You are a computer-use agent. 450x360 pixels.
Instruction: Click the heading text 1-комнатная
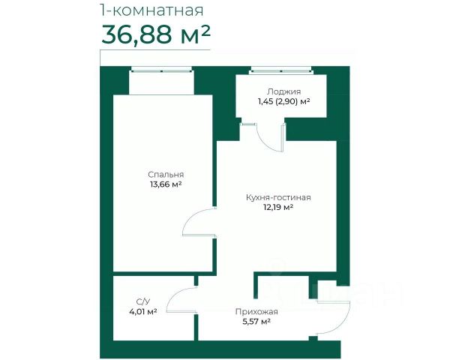pos(151,10)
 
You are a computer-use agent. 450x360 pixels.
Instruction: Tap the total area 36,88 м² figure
pos(156,34)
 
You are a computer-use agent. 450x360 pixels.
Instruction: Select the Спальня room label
pos(166,175)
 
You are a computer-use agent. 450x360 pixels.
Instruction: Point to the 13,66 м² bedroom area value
pos(166,184)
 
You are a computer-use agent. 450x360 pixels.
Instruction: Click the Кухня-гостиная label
pos(278,197)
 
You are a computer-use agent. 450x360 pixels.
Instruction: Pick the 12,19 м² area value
pos(278,207)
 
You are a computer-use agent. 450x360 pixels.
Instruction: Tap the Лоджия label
pos(283,91)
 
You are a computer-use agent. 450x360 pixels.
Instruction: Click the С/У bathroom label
pos(143,301)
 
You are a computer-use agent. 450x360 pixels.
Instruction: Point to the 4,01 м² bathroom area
pos(143,311)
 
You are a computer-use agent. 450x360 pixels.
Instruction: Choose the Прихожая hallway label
pos(256,311)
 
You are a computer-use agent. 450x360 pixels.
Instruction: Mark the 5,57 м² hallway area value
pos(256,322)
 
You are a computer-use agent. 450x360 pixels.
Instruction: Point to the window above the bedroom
pos(161,70)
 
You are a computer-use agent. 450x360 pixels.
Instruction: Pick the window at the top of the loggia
pos(280,70)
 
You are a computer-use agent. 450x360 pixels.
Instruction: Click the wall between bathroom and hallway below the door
pos(196,327)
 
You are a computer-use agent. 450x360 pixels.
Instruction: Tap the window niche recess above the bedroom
pos(161,83)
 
